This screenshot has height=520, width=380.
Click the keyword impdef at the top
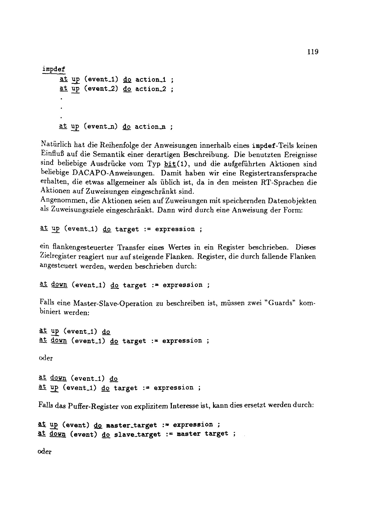tap(54, 69)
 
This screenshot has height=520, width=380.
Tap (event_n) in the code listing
tap(101, 126)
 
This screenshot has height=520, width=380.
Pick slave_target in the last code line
tap(137, 434)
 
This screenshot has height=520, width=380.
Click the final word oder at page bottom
tap(45, 452)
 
